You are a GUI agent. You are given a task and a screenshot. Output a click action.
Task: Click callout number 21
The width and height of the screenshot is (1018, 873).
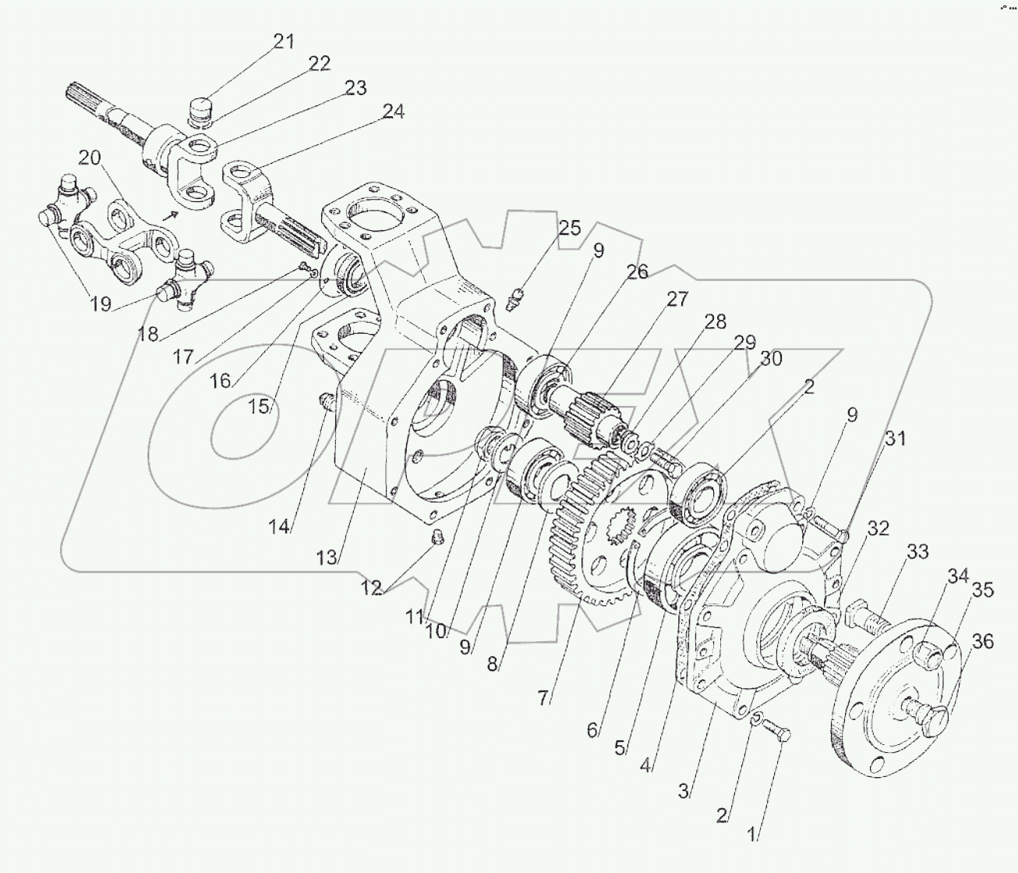click(284, 41)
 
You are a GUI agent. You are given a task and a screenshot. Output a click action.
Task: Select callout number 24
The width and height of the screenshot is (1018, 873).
click(393, 112)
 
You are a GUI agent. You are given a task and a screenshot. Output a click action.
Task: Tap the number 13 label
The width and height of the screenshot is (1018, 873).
click(327, 557)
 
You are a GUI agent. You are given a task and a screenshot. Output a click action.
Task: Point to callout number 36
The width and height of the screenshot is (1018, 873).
click(982, 641)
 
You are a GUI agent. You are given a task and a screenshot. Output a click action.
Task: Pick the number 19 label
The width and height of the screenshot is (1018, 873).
click(101, 303)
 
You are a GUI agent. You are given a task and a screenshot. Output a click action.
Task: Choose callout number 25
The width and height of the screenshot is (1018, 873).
click(569, 229)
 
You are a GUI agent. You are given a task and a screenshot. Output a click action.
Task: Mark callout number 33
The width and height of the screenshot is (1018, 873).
click(917, 552)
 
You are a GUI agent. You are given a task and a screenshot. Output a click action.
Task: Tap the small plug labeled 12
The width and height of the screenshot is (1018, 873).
click(437, 538)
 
